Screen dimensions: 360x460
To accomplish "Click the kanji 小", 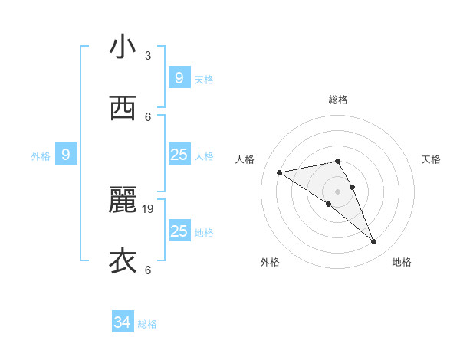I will tap(123, 47).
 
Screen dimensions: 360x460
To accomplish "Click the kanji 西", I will tap(123, 109).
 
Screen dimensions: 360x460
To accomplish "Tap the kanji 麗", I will tap(123, 201).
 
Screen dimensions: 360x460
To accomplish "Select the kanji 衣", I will tap(123, 261).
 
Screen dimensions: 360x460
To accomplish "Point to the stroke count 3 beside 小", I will tap(148, 56).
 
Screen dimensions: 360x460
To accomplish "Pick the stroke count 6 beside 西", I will tap(148, 116).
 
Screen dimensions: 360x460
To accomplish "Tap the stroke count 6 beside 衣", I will tap(148, 270).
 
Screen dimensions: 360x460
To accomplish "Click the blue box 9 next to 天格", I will tap(179, 77).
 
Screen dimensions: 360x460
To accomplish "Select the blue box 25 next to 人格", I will tap(179, 155).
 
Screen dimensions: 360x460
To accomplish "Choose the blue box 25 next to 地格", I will tap(179, 231).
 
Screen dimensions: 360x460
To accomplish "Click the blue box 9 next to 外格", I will tap(66, 155).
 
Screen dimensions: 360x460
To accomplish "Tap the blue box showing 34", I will tap(123, 322).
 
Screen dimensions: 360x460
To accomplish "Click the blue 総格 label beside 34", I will tap(147, 324).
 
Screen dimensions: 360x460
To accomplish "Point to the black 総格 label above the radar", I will tap(338, 100).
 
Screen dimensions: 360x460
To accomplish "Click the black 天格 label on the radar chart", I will tap(432, 159).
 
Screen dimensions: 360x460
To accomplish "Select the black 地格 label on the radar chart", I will tap(402, 262).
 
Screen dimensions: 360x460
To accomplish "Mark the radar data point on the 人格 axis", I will tap(280, 172).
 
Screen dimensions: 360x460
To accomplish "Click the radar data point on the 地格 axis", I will tap(374, 242).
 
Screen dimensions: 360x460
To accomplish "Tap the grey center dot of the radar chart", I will tap(337, 191).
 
